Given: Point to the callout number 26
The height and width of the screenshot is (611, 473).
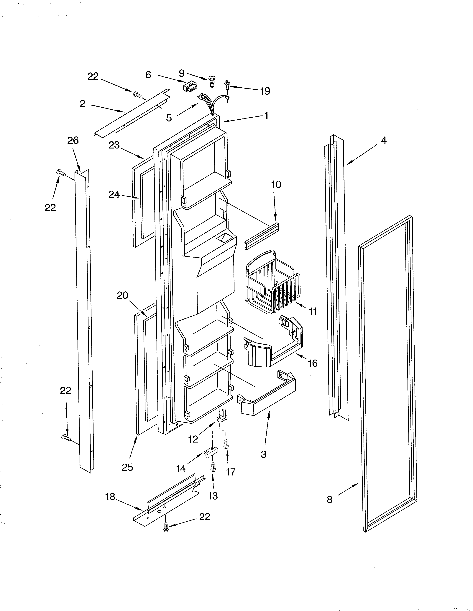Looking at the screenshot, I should click(x=73, y=141).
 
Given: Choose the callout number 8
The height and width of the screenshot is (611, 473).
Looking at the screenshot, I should click(x=330, y=499).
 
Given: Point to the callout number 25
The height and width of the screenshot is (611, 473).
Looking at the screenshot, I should click(x=127, y=467).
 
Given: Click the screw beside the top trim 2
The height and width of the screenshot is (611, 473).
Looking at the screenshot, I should click(x=138, y=95).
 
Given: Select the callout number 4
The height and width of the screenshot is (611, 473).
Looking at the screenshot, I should click(x=384, y=141).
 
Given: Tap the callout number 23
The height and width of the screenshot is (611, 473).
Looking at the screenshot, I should click(x=114, y=145).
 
